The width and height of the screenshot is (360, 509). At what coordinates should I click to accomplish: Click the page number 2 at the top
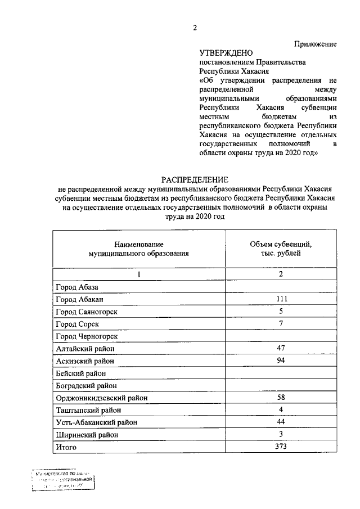pyautogui.click(x=195, y=29)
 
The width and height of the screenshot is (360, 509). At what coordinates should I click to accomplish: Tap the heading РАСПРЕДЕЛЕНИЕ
pyautogui.click(x=195, y=180)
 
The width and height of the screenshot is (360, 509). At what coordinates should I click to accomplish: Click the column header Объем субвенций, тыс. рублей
pyautogui.click(x=281, y=249)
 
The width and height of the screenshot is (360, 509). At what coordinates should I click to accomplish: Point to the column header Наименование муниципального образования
pyautogui.click(x=138, y=249)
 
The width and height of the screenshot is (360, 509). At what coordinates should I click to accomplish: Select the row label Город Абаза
pyautogui.click(x=77, y=287)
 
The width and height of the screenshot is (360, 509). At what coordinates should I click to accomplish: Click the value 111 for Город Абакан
pyautogui.click(x=281, y=299)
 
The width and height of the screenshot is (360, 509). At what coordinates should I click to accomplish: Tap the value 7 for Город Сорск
pyautogui.click(x=281, y=323)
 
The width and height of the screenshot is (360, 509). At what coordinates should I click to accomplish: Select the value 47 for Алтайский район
pyautogui.click(x=281, y=348)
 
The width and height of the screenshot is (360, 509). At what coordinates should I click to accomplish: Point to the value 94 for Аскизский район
pyautogui.click(x=281, y=361)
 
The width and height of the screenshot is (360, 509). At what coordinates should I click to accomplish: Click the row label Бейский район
pyautogui.click(x=81, y=373)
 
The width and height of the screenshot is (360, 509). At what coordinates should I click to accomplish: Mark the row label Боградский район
pyautogui.click(x=86, y=385)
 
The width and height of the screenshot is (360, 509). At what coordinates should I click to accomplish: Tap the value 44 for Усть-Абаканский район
pyautogui.click(x=281, y=422)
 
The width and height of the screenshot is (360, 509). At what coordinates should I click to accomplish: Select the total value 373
pyautogui.click(x=281, y=447)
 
